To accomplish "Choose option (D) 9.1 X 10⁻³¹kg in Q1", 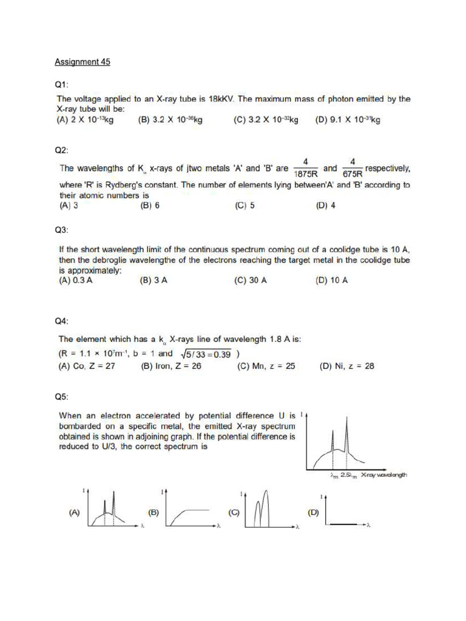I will tap(348, 120).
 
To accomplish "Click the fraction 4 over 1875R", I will tap(306, 167).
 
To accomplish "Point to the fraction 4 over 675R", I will tap(353, 167).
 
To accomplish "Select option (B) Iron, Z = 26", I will tap(171, 366).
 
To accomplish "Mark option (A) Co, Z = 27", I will tap(86, 366).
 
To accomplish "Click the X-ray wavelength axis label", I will tap(383, 475).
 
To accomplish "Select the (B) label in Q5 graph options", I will tap(154, 512).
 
